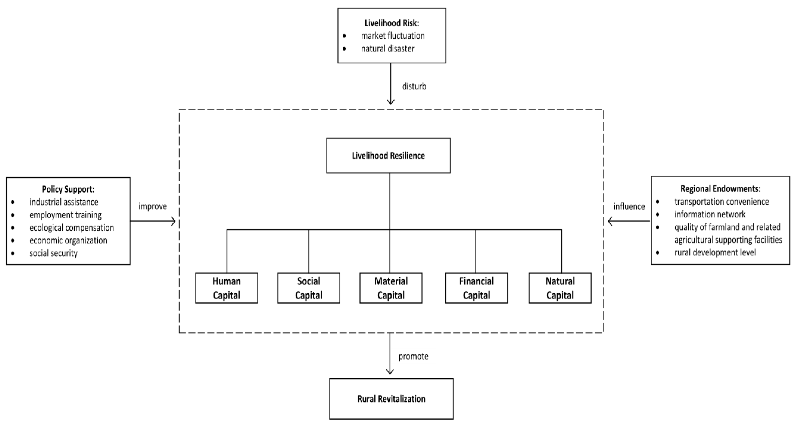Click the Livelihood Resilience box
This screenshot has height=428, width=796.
tap(388, 156)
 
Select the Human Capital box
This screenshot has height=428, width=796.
tap(226, 288)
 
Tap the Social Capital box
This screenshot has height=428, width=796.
tap(308, 288)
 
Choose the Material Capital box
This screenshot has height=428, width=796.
tap(391, 288)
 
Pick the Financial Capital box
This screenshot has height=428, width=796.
tap(476, 288)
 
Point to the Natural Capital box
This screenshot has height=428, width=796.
tap(560, 288)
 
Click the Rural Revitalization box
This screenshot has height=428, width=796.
tap(391, 399)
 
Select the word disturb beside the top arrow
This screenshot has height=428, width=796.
tap(414, 86)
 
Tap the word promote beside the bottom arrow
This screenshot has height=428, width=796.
tap(413, 356)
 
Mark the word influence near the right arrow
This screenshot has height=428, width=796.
tap(629, 207)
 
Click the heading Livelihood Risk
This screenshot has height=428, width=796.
tap(392, 23)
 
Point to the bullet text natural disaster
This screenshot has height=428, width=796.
tap(387, 48)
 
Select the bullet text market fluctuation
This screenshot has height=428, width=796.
tap(393, 36)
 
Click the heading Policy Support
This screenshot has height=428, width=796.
tap(68, 189)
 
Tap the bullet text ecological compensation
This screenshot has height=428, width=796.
tap(72, 228)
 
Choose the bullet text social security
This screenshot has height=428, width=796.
tap(54, 253)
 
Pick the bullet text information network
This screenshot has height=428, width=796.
tap(710, 214)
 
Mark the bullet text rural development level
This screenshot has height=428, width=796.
tap(715, 252)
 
